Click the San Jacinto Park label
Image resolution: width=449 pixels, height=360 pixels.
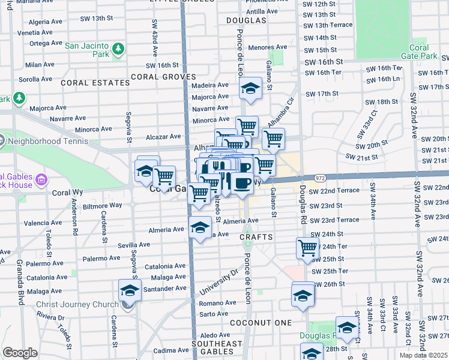coord(88,46)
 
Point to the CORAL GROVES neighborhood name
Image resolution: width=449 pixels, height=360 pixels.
coord(163,77)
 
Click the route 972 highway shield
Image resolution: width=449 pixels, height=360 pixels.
coord(319,178)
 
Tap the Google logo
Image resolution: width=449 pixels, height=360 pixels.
coord(20,353)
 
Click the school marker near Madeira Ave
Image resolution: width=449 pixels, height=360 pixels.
coord(249,90)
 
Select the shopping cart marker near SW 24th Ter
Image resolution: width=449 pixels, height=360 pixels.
coord(307,248)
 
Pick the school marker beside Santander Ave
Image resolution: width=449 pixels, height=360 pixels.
coord(129,292)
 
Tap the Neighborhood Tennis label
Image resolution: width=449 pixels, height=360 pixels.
coord(47,142)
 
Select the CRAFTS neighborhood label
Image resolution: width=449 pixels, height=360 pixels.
coord(256,237)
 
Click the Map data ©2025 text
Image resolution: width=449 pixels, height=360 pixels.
coord(422,355)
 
